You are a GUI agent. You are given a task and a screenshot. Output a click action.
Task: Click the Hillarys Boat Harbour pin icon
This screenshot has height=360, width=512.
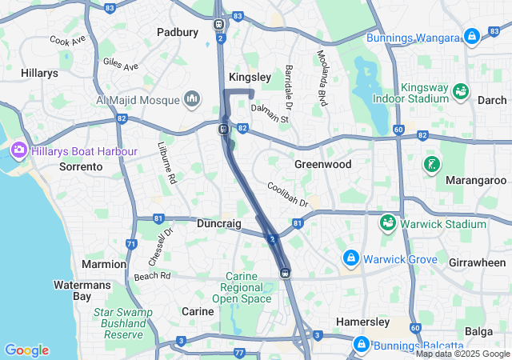(18, 150)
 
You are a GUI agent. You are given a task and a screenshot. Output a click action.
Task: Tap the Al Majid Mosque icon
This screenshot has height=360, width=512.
(192, 99)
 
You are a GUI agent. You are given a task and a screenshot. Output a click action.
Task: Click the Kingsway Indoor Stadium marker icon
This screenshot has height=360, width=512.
(460, 91)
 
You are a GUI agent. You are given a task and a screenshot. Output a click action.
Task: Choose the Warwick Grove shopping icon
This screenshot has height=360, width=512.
(350, 258)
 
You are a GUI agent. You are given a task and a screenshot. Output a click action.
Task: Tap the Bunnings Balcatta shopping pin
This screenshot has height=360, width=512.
(361, 344)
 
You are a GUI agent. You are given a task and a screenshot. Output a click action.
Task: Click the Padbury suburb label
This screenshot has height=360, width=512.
(177, 33)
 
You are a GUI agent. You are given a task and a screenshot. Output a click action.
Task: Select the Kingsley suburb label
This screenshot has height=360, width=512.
(250, 77)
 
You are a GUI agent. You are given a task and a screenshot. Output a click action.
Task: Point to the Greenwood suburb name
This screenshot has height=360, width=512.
(322, 164)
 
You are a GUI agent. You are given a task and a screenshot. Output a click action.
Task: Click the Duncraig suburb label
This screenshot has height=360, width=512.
(219, 225)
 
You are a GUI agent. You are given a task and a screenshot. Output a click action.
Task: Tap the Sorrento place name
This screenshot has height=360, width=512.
(81, 167)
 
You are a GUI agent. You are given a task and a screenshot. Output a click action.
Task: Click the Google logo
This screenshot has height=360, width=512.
(26, 350)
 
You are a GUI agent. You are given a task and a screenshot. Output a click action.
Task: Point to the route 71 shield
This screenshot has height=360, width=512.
(131, 243)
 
